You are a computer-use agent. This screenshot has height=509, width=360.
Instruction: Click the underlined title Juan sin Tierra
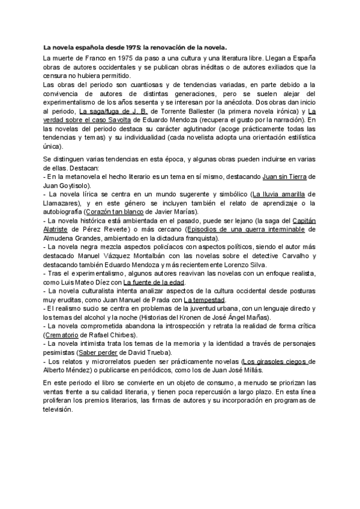coord(284,176)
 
